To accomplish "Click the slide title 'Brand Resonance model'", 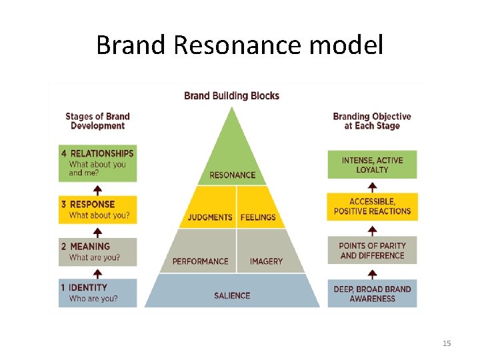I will pos(239,45).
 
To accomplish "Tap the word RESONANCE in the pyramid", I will pos(232,175).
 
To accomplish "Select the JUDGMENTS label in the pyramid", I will pos(210,217).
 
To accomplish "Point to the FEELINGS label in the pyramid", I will pos(258,217).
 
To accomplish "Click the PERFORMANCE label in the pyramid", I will pos(200,261).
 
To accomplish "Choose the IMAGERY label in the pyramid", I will pos(266,261).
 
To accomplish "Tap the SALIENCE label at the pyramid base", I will pos(232,295).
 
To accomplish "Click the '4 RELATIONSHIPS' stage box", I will pos(97,163).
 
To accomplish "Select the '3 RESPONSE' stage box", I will pos(97,209).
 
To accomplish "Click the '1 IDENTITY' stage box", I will pos(97,293).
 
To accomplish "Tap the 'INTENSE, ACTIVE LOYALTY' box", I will pos(372,165).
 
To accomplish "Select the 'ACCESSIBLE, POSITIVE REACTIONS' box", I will pos(372,207).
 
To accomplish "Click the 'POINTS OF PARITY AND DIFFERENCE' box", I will pos(372,251).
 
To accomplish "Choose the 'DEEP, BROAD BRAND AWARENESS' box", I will pos(372,294).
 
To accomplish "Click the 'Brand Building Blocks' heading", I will pos(231,95).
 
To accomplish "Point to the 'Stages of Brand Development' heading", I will pos(97,121).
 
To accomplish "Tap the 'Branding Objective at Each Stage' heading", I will pos(372,121).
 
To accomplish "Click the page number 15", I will pos(447,343).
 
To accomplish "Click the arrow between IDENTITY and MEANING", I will pos(97,273).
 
